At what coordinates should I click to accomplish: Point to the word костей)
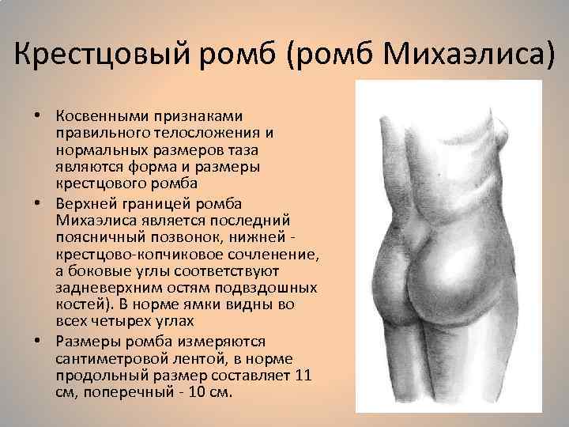[83, 304]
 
